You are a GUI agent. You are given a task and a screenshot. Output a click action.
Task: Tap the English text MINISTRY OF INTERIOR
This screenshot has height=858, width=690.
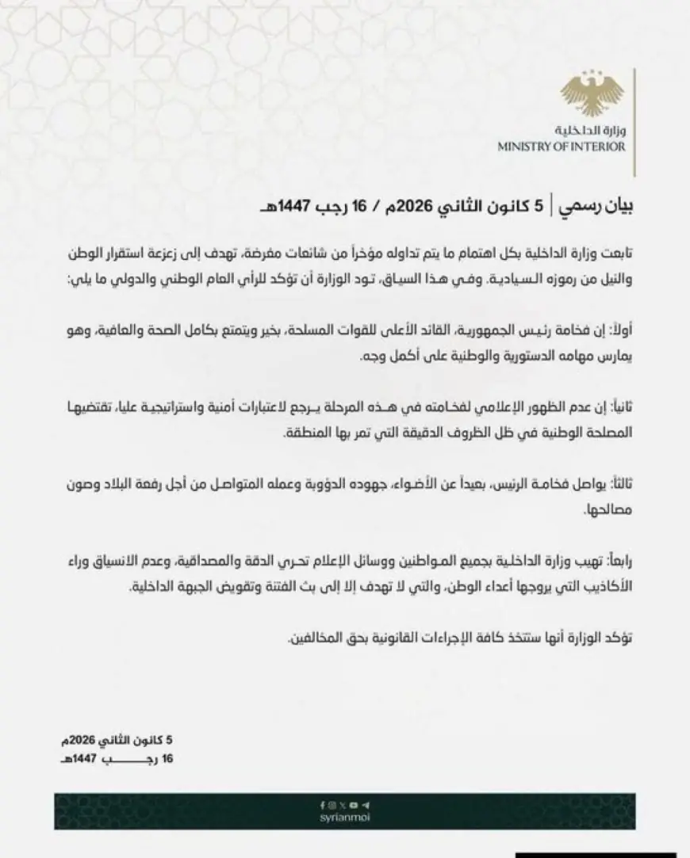point(561,147)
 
